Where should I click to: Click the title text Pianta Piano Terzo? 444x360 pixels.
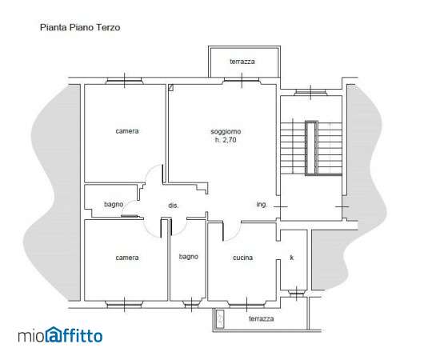(80, 27)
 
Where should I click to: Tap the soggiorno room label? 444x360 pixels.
(226, 131)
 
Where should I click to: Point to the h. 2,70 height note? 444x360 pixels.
(226, 140)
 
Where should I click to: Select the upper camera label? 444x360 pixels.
(127, 131)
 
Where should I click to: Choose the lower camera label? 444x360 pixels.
(127, 258)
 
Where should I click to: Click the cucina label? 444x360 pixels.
(242, 258)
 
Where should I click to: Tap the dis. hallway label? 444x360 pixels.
(174, 206)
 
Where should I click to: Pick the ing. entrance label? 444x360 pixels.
(262, 204)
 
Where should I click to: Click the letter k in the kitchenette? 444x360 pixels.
(292, 258)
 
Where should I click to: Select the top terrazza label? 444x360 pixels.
(242, 62)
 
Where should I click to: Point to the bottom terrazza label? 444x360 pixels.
(261, 318)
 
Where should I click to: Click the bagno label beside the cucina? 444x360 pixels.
(188, 257)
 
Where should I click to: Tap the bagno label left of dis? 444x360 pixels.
(114, 204)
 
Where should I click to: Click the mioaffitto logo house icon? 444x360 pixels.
(54, 334)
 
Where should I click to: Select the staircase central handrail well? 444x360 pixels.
(311, 147)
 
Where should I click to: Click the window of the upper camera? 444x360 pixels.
(124, 81)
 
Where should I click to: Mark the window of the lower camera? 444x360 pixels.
(124, 305)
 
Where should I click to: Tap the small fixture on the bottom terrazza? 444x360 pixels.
(220, 318)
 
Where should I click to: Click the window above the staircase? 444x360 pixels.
(311, 92)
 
